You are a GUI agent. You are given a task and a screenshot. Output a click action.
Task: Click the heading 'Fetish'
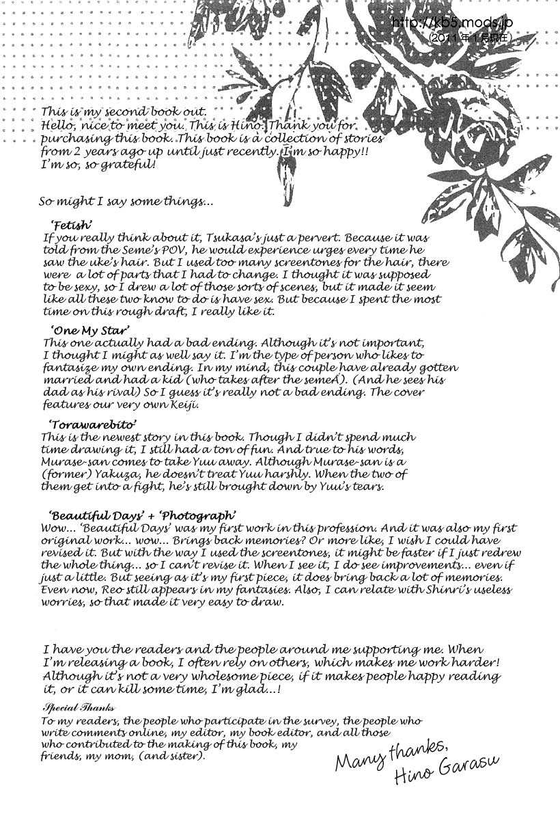pos(72,225)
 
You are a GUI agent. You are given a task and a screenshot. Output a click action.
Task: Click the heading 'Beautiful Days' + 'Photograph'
pos(143,515)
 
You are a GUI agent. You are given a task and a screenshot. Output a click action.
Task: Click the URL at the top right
pos(452,23)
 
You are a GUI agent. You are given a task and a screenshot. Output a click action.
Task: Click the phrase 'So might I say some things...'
pos(126,202)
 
